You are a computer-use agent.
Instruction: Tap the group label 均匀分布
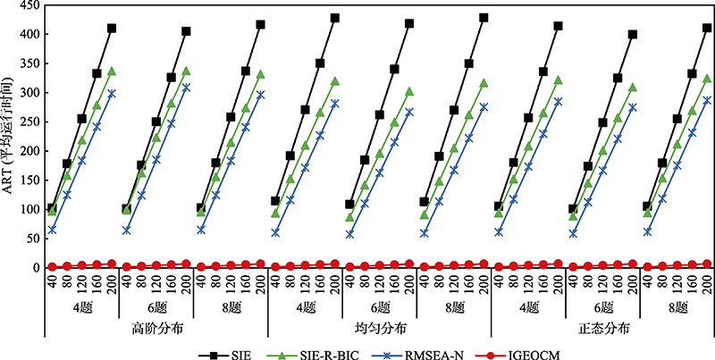pyautogui.click(x=379, y=328)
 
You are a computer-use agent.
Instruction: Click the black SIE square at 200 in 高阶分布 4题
pyautogui.click(x=112, y=29)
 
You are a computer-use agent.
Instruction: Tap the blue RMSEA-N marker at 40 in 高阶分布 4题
pyautogui.click(x=53, y=230)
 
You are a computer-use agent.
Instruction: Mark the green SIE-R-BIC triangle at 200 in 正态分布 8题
pyautogui.click(x=706, y=79)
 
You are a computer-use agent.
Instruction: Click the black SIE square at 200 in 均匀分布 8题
pyautogui.click(x=484, y=18)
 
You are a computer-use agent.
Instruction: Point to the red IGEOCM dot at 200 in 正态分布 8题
pyautogui.click(x=706, y=264)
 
